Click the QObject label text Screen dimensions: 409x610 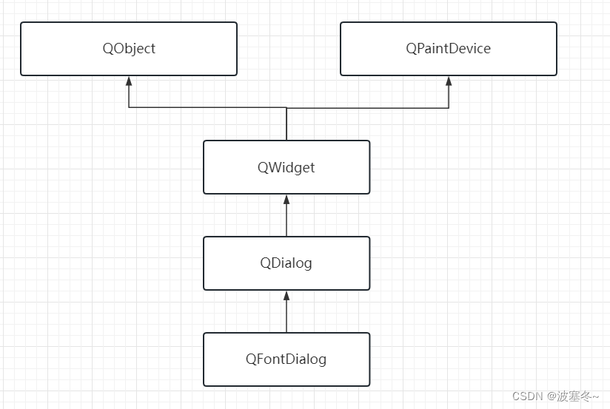pyautogui.click(x=129, y=49)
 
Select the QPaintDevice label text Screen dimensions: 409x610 pyautogui.click(x=448, y=49)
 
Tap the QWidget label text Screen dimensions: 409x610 pyautogui.click(x=286, y=167)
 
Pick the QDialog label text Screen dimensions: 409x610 pyautogui.click(x=286, y=263)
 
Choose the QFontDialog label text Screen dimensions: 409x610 pyautogui.click(x=286, y=359)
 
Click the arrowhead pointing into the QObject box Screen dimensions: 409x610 pyautogui.click(x=129, y=81)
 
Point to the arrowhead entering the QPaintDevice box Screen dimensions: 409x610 pyautogui.click(x=449, y=81)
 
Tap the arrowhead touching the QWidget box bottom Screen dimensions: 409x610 pyautogui.click(x=286, y=199)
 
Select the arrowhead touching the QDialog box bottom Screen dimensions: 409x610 pyautogui.click(x=286, y=295)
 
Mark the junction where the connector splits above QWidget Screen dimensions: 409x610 pyautogui.click(x=286, y=108)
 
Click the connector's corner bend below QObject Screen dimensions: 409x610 pyautogui.click(x=129, y=108)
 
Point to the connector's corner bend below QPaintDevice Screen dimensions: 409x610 pyautogui.click(x=449, y=108)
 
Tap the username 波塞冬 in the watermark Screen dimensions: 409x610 pyautogui.click(x=573, y=397)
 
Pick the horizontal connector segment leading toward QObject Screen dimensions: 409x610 pyautogui.click(x=207, y=108)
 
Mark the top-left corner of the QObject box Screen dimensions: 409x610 pyautogui.click(x=21, y=23)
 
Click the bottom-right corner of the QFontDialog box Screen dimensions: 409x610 pyautogui.click(x=369, y=385)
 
